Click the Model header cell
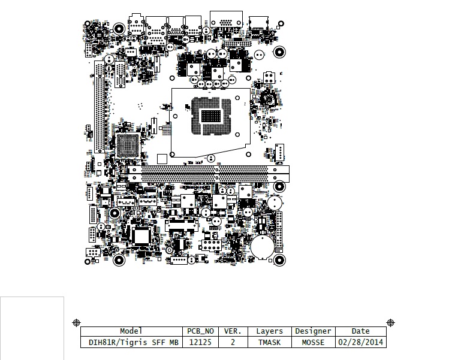131,331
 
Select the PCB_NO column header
200,331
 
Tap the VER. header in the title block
233,331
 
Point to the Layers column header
270,331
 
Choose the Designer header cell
313,331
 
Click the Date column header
361,331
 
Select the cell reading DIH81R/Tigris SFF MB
134,343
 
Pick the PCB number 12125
200,343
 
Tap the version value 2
233,343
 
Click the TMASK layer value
270,343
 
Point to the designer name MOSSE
313,343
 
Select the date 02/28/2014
361,343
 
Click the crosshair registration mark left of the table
77,323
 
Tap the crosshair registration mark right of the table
390,322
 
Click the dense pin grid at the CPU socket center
211,116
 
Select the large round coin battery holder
263,247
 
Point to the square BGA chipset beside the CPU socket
128,145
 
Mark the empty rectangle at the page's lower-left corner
32,328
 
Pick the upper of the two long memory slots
209,170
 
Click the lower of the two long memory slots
209,179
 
